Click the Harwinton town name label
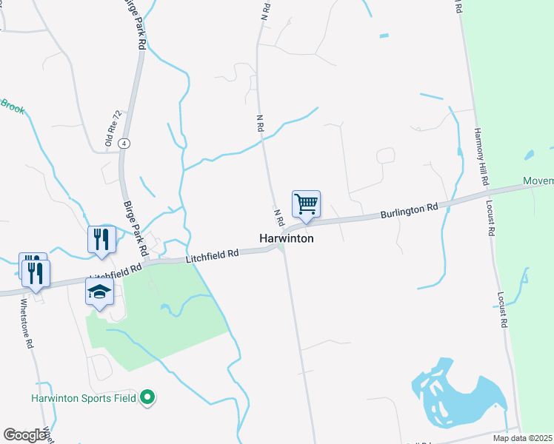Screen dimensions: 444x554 (x=287, y=239)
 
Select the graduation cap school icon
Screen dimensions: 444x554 (x=99, y=293)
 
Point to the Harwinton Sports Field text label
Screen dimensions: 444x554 (x=83, y=398)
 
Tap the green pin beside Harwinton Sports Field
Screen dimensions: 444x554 (x=148, y=398)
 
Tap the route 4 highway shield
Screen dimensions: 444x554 (x=125, y=143)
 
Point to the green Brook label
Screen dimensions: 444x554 (x=13, y=107)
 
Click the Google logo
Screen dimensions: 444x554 (x=24, y=434)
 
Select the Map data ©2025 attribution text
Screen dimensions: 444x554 (x=523, y=438)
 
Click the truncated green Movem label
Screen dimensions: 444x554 (x=538, y=181)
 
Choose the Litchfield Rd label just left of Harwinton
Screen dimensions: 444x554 (x=212, y=255)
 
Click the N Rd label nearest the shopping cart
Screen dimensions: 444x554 (x=279, y=218)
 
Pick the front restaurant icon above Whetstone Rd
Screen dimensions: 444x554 (x=35, y=274)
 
